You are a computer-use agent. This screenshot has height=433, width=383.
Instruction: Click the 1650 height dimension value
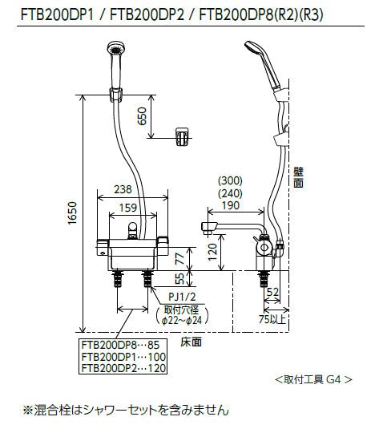73,213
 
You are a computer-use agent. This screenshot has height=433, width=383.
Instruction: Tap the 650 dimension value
142,116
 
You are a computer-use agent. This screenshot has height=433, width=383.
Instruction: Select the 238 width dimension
123,189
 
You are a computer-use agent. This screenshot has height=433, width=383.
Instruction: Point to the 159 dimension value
128,208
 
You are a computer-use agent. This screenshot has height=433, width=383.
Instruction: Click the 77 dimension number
180,259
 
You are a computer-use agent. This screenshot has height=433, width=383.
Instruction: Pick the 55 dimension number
180,278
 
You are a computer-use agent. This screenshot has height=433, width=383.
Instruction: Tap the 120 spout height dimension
212,252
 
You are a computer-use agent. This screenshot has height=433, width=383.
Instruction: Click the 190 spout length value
231,205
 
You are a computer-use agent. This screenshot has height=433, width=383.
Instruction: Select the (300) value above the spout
230,181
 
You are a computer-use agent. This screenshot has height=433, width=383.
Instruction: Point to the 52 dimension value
273,292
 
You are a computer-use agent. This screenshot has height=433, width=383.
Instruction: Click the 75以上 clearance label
272,319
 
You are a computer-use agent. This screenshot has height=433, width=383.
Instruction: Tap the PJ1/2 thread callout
182,297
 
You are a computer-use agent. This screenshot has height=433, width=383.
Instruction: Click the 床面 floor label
191,342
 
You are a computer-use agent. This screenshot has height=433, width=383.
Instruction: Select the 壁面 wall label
298,177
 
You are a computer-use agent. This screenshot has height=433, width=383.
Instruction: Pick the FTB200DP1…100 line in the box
123,357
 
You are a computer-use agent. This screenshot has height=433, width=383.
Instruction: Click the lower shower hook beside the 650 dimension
183,136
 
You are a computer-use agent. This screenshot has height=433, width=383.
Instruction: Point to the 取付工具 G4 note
314,380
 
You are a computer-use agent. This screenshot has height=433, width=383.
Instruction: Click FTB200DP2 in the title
147,15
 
